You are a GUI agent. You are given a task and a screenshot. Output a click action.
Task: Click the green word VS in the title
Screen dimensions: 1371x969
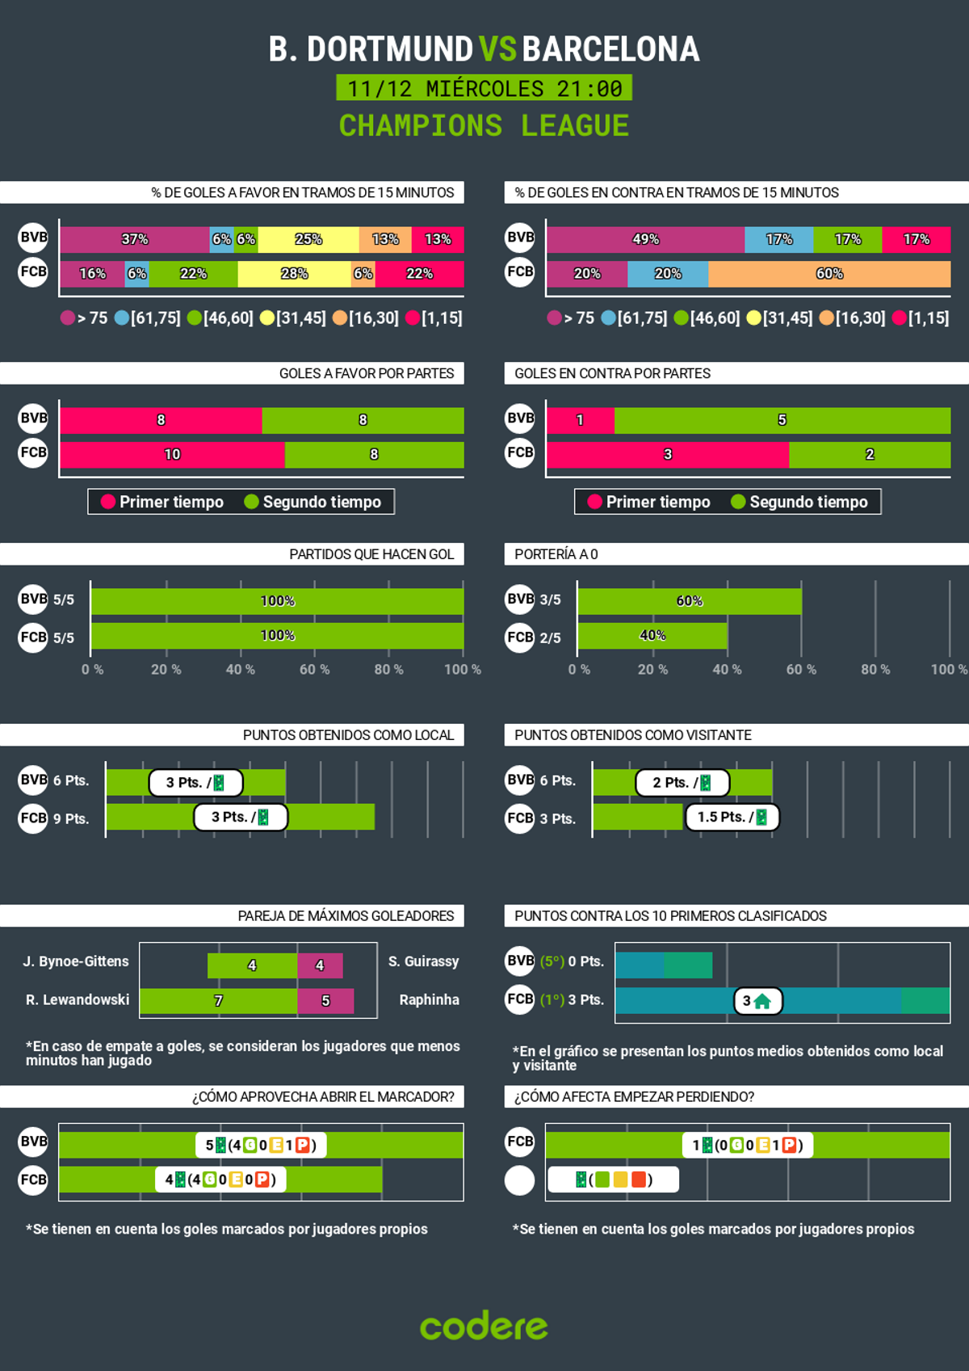497,49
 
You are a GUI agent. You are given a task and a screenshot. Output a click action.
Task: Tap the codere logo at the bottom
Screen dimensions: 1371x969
484,1327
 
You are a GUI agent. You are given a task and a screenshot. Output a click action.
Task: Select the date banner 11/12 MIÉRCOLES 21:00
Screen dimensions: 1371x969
484,88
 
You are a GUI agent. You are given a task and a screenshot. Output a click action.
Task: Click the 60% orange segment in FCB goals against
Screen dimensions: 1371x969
829,274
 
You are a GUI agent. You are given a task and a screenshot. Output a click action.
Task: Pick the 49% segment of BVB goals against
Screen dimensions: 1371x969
645,239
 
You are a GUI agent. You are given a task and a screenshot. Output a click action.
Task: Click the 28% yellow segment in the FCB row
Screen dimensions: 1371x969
294,274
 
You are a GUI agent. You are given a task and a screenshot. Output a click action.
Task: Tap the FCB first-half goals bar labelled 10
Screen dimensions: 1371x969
172,454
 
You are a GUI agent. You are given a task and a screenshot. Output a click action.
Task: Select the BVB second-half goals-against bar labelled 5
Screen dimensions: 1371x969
782,420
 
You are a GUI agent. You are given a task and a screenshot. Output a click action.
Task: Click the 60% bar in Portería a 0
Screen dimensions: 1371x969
689,601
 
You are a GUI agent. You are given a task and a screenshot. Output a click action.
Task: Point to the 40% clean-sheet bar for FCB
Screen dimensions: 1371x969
652,636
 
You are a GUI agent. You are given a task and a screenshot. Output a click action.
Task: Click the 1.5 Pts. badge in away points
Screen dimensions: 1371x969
732,817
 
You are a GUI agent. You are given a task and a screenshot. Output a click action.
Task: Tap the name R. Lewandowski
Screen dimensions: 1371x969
78,1000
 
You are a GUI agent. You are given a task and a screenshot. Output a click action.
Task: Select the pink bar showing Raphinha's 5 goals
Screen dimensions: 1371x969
325,1001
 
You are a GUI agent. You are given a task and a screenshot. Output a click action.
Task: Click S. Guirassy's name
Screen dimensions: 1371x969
423,961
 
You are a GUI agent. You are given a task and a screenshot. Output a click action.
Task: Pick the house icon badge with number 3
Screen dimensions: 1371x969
757,1001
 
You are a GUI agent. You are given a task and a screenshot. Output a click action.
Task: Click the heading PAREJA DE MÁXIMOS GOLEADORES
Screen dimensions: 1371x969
346,916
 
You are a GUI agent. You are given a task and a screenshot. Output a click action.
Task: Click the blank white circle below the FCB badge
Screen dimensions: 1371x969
519,1180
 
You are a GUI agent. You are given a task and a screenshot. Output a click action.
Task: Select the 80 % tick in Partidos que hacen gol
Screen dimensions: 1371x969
388,670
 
